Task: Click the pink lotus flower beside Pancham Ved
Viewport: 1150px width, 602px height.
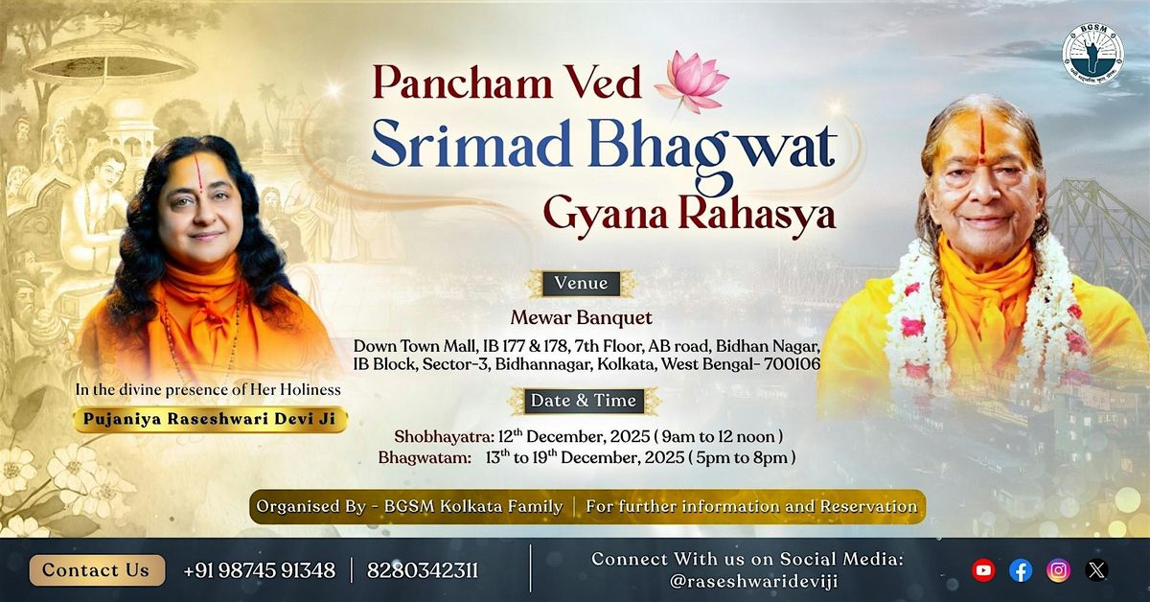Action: [691, 81]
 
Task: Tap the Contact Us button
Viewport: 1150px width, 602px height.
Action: [96, 570]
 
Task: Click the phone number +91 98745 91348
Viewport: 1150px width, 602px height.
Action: [259, 571]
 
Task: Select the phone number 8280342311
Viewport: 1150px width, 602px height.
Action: [423, 571]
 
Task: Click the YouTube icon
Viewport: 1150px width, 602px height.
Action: [983, 570]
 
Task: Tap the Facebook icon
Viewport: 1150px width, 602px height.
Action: [1021, 570]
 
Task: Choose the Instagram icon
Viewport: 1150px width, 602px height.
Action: [1058, 570]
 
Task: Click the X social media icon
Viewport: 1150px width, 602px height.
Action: [1096, 570]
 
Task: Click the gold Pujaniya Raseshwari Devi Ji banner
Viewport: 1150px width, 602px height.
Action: [210, 419]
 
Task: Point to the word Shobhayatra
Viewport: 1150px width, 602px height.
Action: [442, 436]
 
